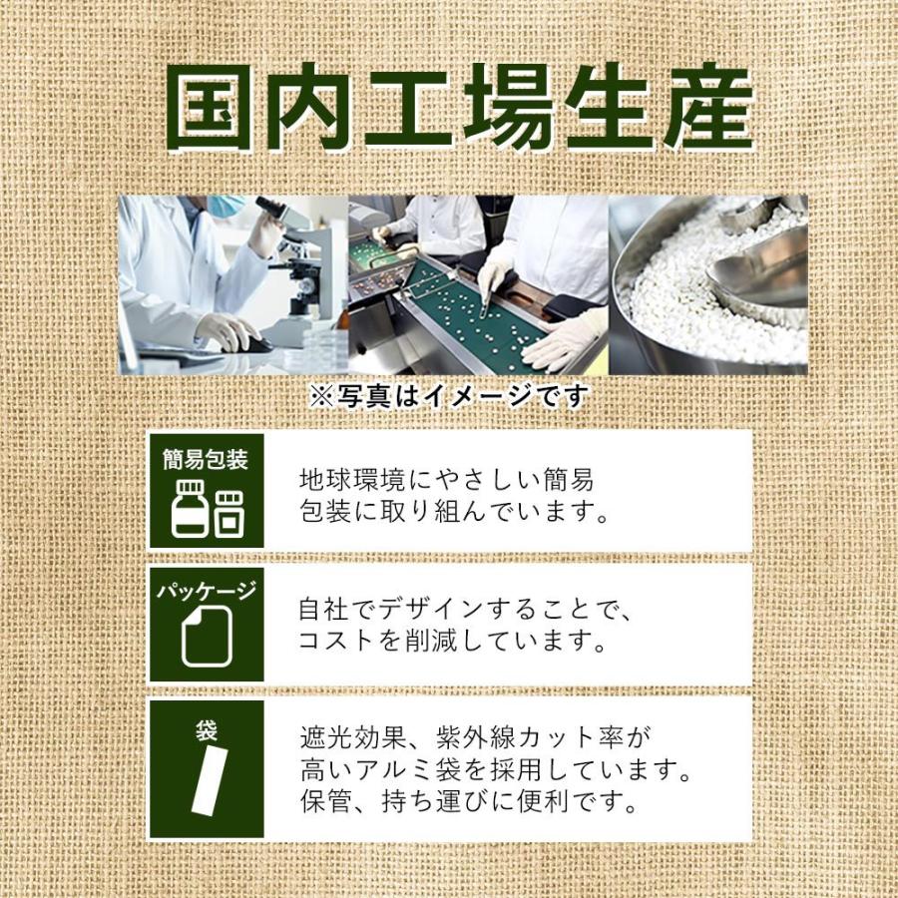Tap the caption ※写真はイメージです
point(448,396)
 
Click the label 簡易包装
point(206,460)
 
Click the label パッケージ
point(206,591)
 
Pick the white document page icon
point(206,638)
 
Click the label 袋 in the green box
point(207,731)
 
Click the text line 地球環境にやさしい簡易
point(447,479)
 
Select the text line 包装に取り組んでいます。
point(454,515)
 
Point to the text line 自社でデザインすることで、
point(466,607)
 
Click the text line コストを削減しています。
point(453,641)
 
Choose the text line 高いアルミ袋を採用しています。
point(496,770)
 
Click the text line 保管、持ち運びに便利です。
point(468,802)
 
